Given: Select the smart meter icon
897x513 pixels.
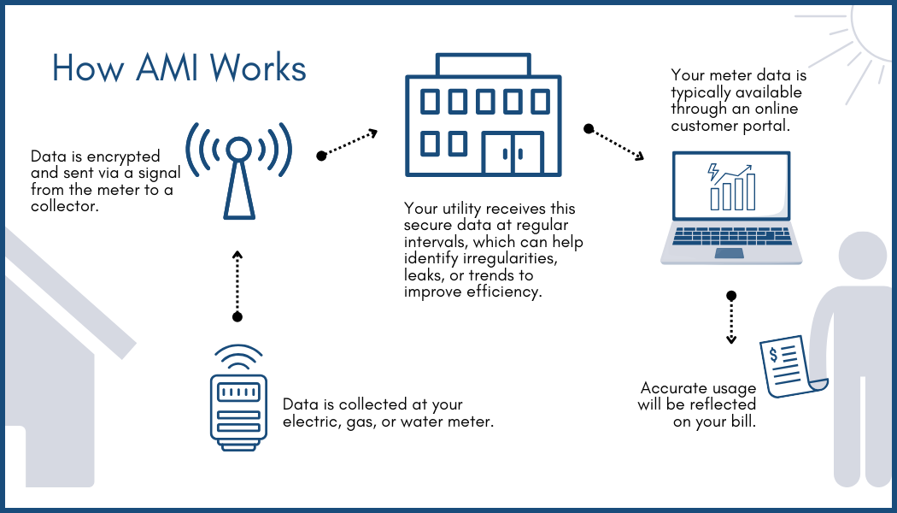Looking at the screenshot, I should pos(238,402).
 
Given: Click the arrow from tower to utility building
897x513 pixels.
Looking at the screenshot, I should pos(348,144).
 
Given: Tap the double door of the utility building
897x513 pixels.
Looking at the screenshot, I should pos(513,153).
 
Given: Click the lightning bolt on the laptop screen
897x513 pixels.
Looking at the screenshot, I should pos(713,173).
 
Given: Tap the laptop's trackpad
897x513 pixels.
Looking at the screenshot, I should pos(729,253).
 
